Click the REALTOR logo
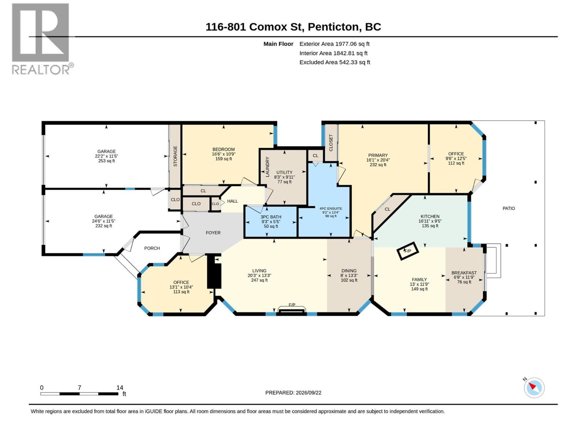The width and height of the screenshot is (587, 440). pyautogui.click(x=43, y=39)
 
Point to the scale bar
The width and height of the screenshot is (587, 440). pyautogui.click(x=79, y=394)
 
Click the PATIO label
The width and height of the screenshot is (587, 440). pyautogui.click(x=508, y=208)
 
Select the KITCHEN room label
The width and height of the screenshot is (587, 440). pyautogui.click(x=430, y=216)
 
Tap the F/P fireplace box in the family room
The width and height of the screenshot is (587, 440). pyautogui.click(x=407, y=251)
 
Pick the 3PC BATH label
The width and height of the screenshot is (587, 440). pyautogui.click(x=271, y=217)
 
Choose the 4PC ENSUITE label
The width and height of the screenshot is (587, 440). pyautogui.click(x=331, y=209)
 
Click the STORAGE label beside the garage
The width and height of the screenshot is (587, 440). pyautogui.click(x=175, y=156)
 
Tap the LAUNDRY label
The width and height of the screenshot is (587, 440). pyautogui.click(x=267, y=167)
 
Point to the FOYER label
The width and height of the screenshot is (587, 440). pyautogui.click(x=213, y=233)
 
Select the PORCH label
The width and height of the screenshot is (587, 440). pyautogui.click(x=152, y=248)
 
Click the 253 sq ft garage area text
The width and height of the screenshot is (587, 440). pyautogui.click(x=106, y=161)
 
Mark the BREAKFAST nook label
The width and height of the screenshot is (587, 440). pyautogui.click(x=464, y=273)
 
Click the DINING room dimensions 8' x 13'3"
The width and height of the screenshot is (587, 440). pyautogui.click(x=349, y=275)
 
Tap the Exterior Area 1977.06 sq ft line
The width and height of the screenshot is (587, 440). pyautogui.click(x=334, y=44)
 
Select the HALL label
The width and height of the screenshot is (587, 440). pyautogui.click(x=232, y=201)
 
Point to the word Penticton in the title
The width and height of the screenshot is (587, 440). pyautogui.click(x=333, y=27)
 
